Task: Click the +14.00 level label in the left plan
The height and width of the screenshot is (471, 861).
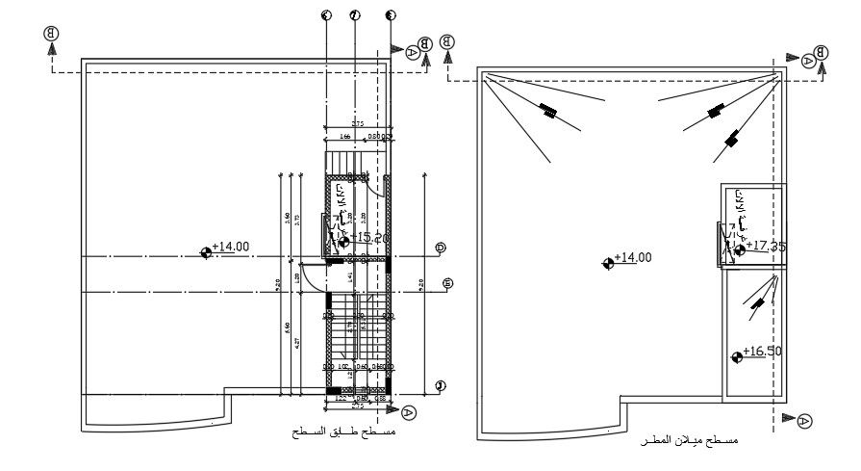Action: coord(231,247)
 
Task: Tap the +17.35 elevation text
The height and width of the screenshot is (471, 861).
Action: coord(766,247)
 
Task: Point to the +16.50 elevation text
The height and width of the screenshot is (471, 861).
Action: coord(761,352)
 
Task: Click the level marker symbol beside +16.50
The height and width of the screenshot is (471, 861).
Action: coord(737,356)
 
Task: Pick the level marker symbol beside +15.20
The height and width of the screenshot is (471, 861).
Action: coord(343,241)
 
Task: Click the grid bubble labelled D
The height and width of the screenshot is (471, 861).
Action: coord(440,248)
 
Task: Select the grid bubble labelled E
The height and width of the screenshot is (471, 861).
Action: coord(447,283)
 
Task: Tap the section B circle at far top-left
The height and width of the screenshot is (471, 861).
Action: coord(50,34)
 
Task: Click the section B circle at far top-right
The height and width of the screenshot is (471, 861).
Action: coord(822,52)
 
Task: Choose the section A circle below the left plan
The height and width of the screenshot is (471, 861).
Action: coord(409,411)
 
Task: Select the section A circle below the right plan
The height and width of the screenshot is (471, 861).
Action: coord(805,420)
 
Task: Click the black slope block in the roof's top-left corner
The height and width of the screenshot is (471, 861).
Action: coord(547,111)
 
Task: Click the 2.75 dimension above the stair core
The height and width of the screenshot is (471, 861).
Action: coord(357,124)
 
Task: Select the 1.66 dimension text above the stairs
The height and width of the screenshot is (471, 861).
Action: coord(343,137)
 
